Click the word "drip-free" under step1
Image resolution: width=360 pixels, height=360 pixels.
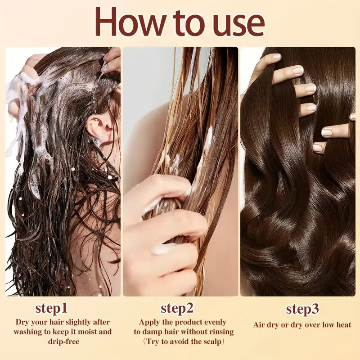coord(63,342)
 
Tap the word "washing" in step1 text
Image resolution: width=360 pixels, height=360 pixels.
coord(29,332)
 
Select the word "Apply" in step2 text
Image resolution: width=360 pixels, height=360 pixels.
coord(149,322)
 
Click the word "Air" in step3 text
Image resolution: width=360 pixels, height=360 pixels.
coord(260,324)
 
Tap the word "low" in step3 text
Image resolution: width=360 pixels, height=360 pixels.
coord(326,324)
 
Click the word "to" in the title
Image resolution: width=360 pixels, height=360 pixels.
coord(182,22)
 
